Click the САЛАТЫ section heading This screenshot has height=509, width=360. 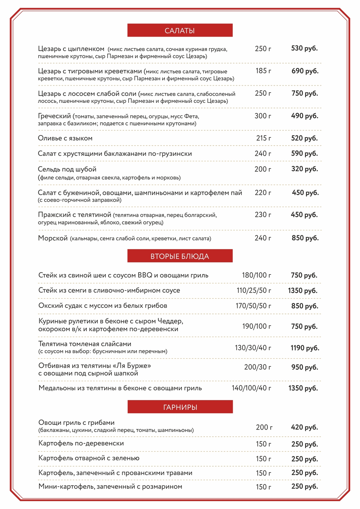[x=180, y=31]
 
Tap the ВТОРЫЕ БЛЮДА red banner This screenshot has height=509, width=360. [x=180, y=256]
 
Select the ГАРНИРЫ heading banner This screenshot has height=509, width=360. [x=180, y=407]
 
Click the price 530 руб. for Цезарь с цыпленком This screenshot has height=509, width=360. [x=304, y=49]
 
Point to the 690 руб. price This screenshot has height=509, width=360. [x=305, y=71]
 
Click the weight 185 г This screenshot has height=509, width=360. [x=263, y=71]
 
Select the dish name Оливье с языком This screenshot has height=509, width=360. [x=65, y=138]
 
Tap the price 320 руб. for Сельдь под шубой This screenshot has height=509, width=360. [x=304, y=169]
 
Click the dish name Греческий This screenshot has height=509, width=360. [x=54, y=116]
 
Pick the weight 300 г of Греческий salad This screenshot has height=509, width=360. [x=263, y=116]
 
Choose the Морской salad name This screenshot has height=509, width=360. [x=53, y=238]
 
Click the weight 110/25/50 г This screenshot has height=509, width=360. [x=254, y=290]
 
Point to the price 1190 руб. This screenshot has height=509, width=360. [x=305, y=348]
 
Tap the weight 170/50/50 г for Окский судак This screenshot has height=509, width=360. [x=253, y=306]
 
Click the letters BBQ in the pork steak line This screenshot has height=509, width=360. [x=145, y=275]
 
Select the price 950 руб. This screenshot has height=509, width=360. [x=304, y=367]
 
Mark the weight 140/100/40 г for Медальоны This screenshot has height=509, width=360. [x=251, y=388]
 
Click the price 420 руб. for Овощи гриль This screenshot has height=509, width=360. [x=304, y=427]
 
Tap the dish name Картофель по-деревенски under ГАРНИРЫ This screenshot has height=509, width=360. [x=81, y=444]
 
